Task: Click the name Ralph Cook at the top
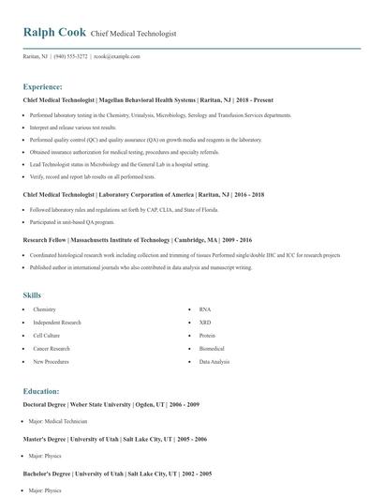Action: click(x=54, y=33)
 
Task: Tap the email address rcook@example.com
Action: click(x=117, y=56)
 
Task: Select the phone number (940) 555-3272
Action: click(x=71, y=56)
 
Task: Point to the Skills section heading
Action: click(x=32, y=295)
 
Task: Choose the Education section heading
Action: click(x=41, y=391)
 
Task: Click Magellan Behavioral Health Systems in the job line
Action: click(x=148, y=99)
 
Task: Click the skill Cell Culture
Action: click(x=47, y=335)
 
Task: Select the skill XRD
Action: click(x=205, y=322)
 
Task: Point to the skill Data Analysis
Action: click(x=214, y=361)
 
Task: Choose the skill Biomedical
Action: click(x=213, y=348)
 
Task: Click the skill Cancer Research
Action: click(x=52, y=348)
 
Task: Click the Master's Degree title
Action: click(x=47, y=439)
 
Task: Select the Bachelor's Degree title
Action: click(x=50, y=474)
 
